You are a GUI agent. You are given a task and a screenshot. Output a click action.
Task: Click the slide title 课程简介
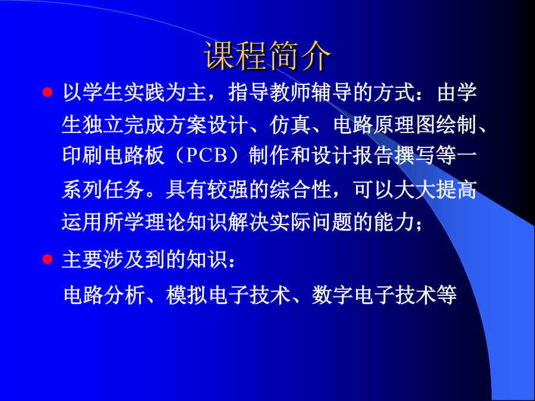click(x=267, y=56)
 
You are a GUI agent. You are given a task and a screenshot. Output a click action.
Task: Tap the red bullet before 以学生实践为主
click(x=48, y=92)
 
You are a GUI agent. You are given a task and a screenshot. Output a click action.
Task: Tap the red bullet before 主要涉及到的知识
click(x=48, y=260)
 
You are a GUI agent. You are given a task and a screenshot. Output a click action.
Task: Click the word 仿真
click(x=290, y=125)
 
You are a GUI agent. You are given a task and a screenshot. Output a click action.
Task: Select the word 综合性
click(x=300, y=190)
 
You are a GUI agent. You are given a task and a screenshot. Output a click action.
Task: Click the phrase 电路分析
click(x=105, y=295)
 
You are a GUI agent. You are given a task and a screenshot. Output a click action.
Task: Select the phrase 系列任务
click(x=103, y=190)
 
